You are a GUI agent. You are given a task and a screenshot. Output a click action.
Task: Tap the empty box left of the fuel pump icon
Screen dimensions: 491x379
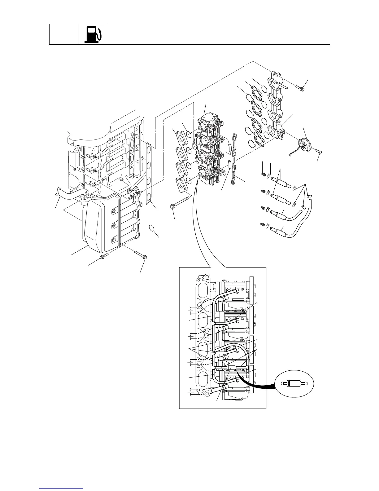[64, 34]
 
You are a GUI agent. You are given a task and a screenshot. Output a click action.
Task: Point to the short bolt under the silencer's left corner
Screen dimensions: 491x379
[103, 257]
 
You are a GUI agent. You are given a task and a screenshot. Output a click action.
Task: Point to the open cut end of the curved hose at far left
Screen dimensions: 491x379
[57, 193]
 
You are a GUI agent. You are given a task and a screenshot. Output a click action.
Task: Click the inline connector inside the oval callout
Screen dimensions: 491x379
[294, 383]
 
